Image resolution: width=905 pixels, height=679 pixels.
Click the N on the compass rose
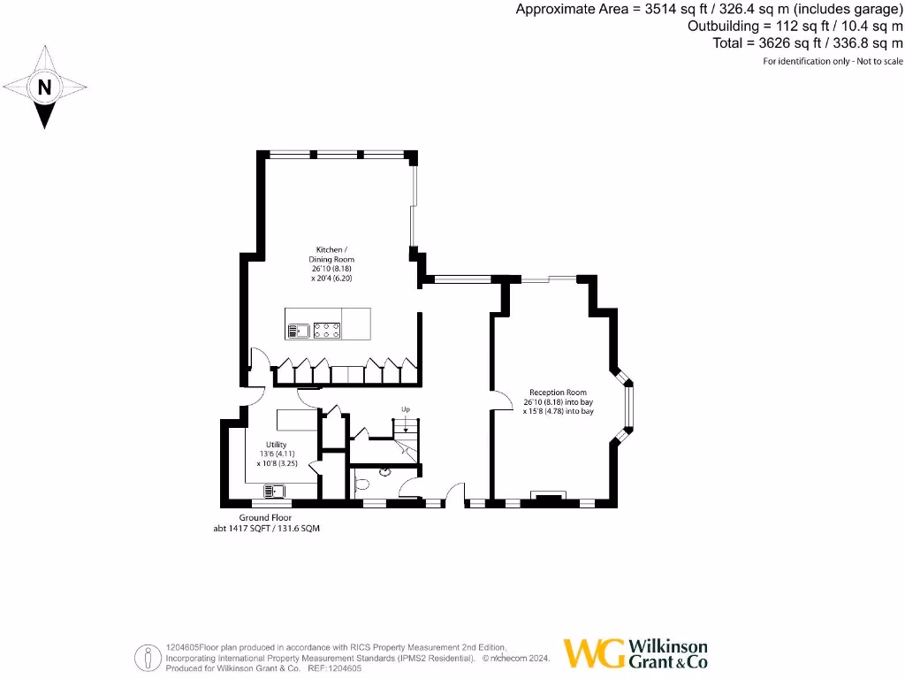coord(45,88)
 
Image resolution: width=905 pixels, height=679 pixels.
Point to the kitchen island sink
coord(297,331)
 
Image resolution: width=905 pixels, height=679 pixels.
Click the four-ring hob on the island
coord(328,331)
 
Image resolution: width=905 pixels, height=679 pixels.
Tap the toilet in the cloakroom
coord(361,483)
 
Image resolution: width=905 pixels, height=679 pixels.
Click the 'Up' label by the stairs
coord(406,409)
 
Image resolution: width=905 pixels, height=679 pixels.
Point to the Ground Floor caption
coord(265,518)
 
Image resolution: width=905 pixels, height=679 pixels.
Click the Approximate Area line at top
coord(709,10)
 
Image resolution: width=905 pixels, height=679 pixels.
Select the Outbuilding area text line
coord(795,27)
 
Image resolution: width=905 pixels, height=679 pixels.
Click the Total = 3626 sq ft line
coord(808,42)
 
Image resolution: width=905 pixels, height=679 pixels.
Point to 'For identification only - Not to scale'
coord(833,61)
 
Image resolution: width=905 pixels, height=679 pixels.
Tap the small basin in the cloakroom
coord(384,471)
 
